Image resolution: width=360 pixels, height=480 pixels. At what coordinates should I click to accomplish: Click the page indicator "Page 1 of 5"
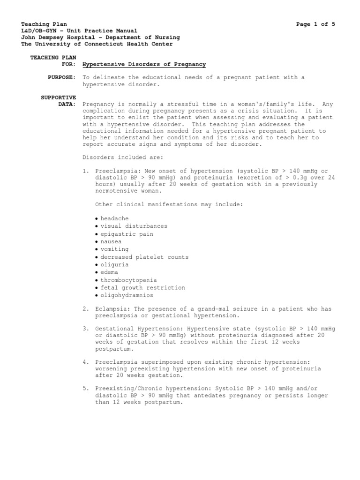(315, 24)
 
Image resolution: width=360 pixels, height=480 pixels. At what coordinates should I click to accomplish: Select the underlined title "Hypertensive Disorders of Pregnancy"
(144, 64)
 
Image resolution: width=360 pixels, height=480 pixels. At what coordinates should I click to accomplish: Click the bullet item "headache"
(114, 218)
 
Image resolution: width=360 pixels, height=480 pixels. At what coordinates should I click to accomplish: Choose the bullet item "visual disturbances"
(133, 226)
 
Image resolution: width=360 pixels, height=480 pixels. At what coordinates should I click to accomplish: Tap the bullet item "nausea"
(111, 241)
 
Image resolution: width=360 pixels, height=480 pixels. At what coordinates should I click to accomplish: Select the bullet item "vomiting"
(114, 249)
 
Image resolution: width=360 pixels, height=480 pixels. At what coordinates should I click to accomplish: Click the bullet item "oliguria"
(114, 265)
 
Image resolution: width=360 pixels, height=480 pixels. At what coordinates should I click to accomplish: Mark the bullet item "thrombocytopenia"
(128, 280)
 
